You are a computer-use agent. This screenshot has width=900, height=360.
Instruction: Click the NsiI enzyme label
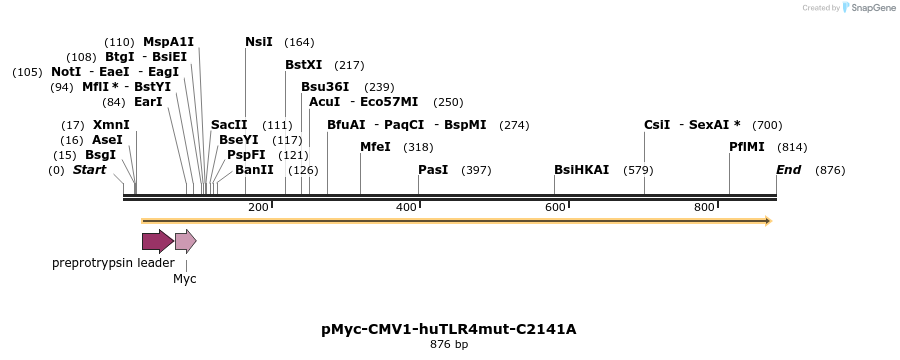(259, 42)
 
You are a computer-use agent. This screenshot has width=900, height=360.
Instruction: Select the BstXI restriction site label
(304, 65)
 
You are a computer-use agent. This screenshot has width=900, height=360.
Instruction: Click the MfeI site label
(375, 147)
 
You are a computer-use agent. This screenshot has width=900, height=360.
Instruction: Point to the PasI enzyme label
(433, 170)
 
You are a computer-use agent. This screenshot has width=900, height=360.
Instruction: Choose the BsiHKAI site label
(581, 170)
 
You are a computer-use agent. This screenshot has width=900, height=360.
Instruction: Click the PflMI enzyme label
(747, 147)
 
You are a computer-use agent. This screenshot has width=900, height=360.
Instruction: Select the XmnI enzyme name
(111, 125)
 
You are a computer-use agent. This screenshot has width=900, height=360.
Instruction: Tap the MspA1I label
(169, 42)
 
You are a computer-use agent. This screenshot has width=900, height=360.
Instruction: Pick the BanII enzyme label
(254, 170)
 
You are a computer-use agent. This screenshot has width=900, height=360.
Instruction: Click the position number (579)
(638, 170)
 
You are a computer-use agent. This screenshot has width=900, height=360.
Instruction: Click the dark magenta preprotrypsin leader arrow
(157, 240)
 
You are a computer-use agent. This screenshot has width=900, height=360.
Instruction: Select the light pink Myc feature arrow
(185, 240)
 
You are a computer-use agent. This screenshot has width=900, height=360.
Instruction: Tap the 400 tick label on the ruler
(406, 207)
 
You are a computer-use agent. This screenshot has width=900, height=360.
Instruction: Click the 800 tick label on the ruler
(704, 207)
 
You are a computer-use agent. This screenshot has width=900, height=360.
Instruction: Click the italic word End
(789, 170)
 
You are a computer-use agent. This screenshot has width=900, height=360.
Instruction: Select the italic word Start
(89, 170)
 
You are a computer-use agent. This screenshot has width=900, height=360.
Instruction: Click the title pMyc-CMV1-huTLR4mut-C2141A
(449, 328)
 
